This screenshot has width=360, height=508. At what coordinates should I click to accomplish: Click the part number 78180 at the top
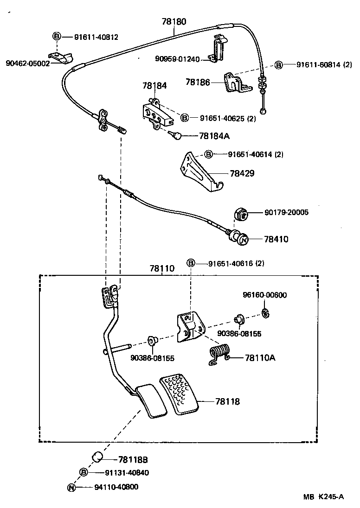(174, 21)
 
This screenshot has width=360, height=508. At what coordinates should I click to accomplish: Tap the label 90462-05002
(27, 63)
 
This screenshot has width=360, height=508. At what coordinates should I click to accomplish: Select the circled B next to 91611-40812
(56, 37)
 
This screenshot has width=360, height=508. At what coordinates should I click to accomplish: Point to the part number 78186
(198, 82)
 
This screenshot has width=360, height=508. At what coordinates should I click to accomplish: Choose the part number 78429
(242, 173)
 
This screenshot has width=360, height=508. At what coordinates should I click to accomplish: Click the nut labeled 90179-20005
(240, 214)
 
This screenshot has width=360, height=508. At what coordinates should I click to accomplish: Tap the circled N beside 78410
(244, 239)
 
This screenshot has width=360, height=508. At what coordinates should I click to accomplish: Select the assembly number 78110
(162, 268)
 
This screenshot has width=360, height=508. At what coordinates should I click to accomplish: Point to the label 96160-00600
(265, 295)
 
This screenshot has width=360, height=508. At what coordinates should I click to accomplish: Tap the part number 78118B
(133, 459)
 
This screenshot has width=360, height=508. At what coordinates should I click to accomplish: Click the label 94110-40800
(116, 487)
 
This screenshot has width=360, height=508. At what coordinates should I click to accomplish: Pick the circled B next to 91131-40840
(84, 472)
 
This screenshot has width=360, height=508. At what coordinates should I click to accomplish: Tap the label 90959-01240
(177, 59)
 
